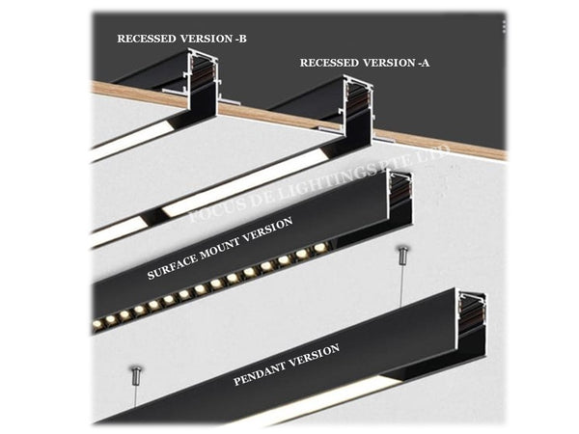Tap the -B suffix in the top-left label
(x=237, y=40)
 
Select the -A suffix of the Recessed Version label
(x=422, y=63)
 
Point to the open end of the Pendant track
(x=472, y=314)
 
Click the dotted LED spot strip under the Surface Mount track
(x=212, y=283)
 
